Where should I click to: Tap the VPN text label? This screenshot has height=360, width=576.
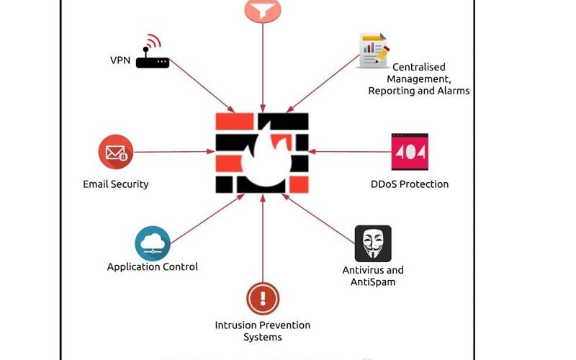pos(120,60)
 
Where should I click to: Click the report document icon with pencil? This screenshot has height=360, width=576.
pos(373,50)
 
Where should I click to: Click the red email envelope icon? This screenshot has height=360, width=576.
pos(116,152)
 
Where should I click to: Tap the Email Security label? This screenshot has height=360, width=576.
pos(116,184)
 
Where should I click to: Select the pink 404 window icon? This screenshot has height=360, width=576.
pos(410,152)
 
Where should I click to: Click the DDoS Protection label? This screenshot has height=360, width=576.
pos(410,184)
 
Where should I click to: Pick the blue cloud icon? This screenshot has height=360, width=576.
pos(153,244)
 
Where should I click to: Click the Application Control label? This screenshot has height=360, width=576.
pos(153,267)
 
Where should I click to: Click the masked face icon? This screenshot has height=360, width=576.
pos(373,243)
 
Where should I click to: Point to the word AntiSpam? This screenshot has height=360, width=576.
pos(373,282)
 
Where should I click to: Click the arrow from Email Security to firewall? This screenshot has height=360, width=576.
pos(176,152)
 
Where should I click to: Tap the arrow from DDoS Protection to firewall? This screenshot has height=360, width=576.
pos(349,152)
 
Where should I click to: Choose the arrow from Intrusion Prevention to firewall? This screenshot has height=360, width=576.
pos(263,238)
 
